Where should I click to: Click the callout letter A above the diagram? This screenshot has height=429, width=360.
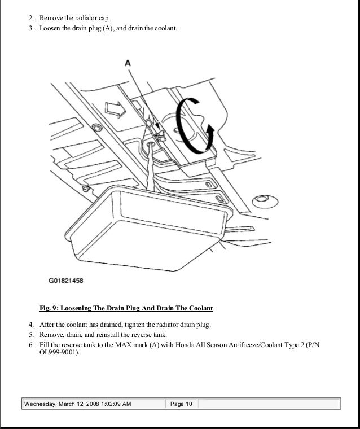coord(128,64)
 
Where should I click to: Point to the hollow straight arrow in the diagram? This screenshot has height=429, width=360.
coord(116,111)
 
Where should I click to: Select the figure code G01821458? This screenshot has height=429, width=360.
coord(65,280)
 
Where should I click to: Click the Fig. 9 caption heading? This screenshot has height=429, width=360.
coord(126,309)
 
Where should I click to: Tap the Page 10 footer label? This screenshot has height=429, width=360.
coord(181,404)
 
